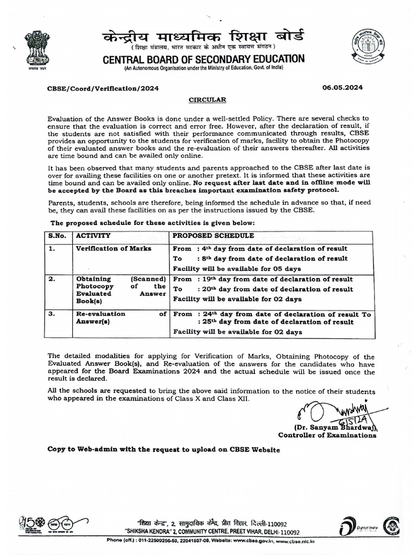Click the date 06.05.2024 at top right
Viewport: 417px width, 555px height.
(343, 87)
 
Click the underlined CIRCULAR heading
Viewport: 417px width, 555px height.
(204, 100)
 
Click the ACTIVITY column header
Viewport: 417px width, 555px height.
(93, 236)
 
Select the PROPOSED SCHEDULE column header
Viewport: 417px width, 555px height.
(213, 236)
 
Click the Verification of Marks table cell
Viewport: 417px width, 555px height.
(113, 248)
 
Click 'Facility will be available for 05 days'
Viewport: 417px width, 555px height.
(237, 268)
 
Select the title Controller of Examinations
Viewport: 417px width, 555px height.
(327, 435)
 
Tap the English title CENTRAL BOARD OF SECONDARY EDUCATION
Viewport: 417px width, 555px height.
(204, 59)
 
